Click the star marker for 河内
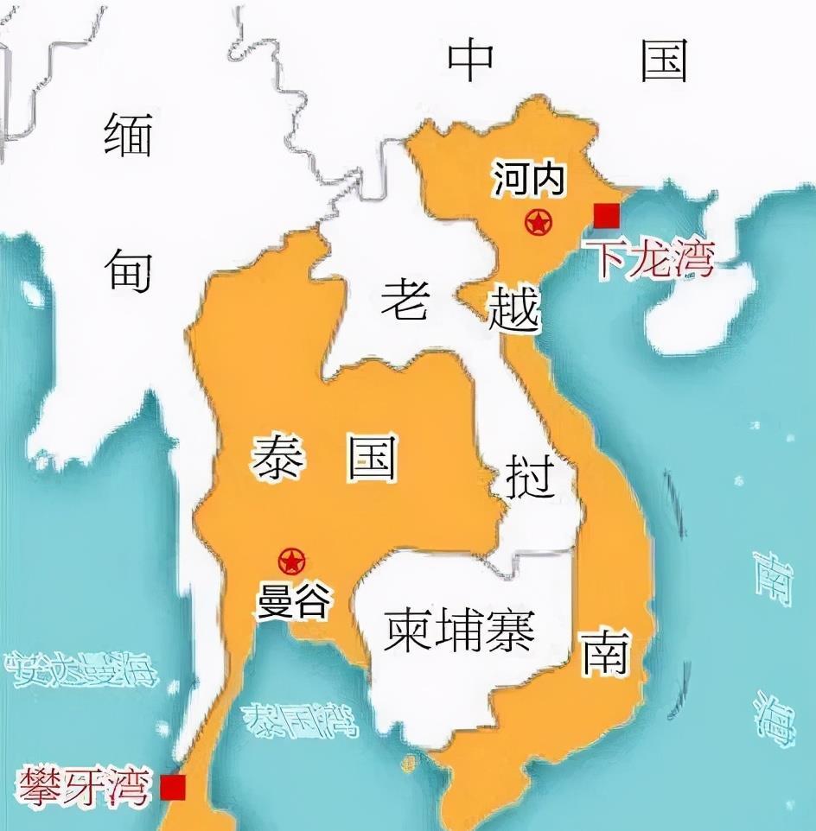click(539, 223)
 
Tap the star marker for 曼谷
click(292, 562)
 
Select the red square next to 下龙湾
click(607, 215)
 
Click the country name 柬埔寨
click(460, 631)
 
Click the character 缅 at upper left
click(128, 136)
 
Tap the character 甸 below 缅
click(130, 270)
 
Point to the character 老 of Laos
click(405, 301)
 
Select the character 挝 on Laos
click(530, 478)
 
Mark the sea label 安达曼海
click(80, 668)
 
